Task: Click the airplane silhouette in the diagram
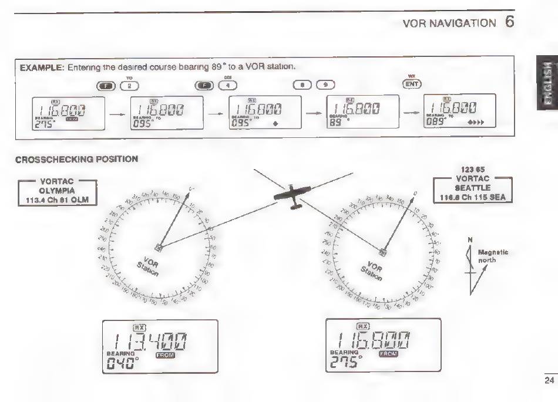coord(293,195)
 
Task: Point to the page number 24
coord(549,381)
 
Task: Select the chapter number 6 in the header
coord(509,22)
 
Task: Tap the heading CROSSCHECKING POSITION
coord(76,159)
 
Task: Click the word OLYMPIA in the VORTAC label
coord(57,191)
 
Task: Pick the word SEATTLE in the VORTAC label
coord(472,187)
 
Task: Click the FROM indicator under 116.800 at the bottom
coord(388,354)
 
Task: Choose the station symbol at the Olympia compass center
coord(159,248)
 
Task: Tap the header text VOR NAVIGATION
coord(449,23)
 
